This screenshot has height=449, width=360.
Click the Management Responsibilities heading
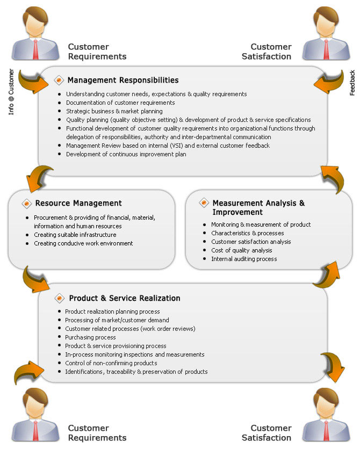[123, 80]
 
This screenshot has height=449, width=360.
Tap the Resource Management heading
[78, 204]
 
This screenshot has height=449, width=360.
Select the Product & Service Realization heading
[125, 299]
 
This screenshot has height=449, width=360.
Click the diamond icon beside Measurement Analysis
[204, 202]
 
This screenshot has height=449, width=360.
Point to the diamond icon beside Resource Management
[27, 204]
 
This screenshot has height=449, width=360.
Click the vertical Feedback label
[352, 83]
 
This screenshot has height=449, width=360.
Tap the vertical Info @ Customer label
[11, 92]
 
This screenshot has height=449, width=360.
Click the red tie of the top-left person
[35, 49]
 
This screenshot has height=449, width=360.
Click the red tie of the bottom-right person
[326, 430]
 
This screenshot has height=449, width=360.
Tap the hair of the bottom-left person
[34, 396]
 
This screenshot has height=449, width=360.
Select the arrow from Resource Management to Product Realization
[34, 279]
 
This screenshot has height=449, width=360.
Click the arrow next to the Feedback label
[329, 82]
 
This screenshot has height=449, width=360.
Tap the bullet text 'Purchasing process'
[90, 337]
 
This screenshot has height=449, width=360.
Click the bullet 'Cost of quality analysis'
[242, 250]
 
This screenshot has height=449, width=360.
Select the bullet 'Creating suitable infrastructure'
[75, 235]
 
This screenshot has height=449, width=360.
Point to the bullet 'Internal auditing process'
[244, 259]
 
